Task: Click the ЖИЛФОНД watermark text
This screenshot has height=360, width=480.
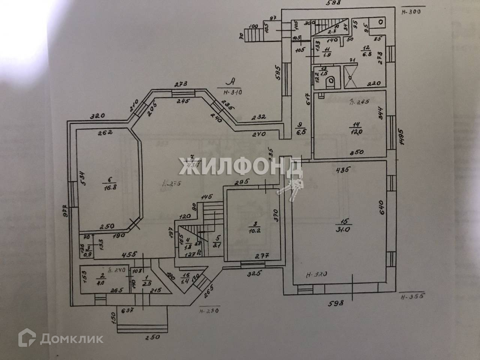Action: pos(240,166)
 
